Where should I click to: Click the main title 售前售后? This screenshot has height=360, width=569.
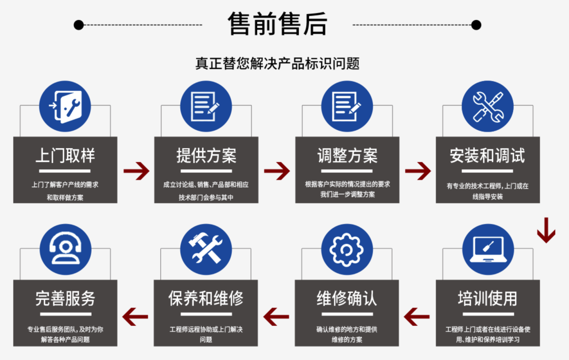coord(278,24)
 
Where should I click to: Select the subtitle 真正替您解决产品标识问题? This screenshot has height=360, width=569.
coord(278,64)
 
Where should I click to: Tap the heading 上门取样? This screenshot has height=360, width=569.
coord(65,155)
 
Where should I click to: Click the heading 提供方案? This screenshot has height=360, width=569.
coord(207,155)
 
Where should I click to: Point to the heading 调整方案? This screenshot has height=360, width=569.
coord(347,155)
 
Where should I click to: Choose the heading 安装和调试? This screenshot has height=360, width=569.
coord(487,155)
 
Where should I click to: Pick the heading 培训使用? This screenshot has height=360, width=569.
coord(487,298)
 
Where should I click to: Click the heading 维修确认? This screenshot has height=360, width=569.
coord(347,298)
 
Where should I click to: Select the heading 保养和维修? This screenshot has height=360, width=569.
coord(207,298)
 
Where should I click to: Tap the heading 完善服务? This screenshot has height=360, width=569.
coord(65,298)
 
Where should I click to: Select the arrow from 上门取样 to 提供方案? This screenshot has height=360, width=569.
coord(136,171)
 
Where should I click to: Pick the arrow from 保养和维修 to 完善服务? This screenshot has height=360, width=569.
coord(135,317)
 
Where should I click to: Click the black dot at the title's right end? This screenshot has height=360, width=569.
coord(476,25)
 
